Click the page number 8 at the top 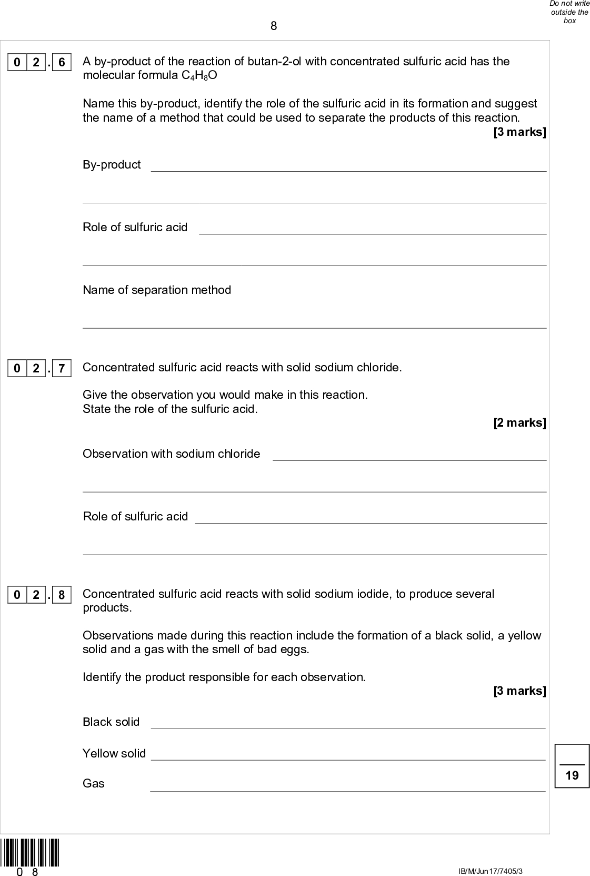click(274, 26)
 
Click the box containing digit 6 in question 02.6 click(62, 63)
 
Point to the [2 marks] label click(519, 422)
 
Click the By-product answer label click(112, 165)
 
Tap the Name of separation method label click(157, 290)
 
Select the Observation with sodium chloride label click(171, 454)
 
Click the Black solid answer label click(111, 722)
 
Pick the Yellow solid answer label click(114, 754)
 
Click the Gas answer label click(94, 784)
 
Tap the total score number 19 click(572, 775)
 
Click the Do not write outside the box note click(569, 12)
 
